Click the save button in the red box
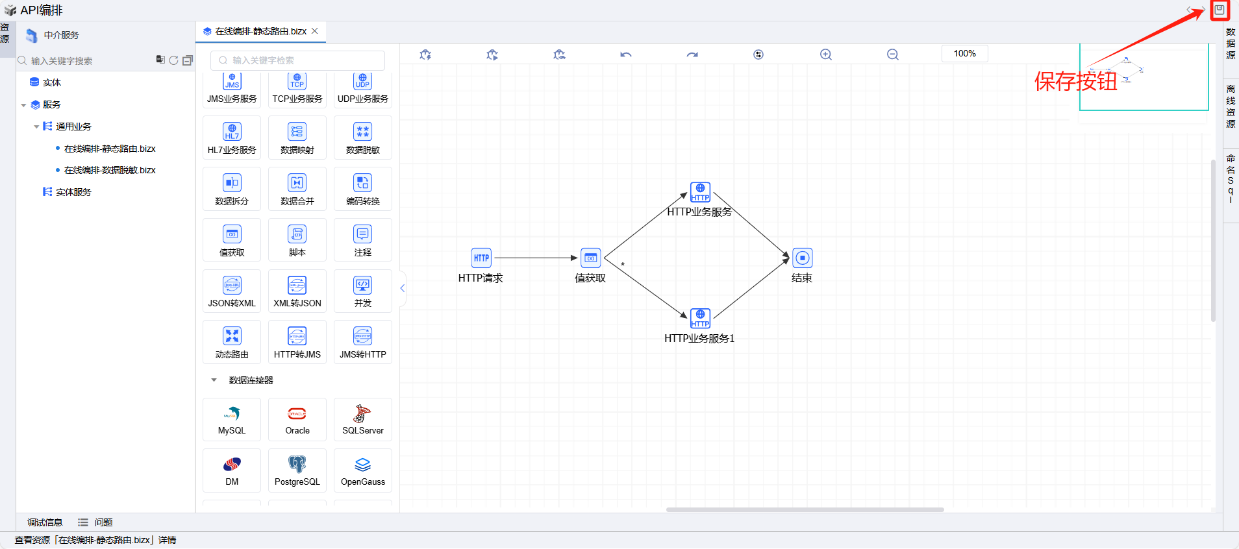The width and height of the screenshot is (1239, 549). pos(1220,10)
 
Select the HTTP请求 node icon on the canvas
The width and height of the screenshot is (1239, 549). pos(481,258)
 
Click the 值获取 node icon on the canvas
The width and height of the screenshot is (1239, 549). pos(590,258)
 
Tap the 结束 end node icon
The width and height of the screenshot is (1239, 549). pos(803,258)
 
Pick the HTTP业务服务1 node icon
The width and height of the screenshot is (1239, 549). pos(700,318)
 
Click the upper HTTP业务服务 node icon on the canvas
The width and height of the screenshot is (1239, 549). pos(700,192)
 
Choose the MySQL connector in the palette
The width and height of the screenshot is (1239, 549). pos(232,419)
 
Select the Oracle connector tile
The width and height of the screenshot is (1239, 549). pos(297,419)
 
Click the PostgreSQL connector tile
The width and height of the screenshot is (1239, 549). pos(297,470)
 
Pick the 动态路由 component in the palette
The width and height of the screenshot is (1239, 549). pos(232,342)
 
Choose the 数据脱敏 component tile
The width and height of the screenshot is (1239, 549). pos(363,138)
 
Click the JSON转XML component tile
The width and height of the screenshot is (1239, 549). pos(232,291)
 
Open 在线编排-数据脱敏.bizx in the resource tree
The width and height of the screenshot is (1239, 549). pos(110,170)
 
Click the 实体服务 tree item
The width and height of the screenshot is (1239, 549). pos(73,192)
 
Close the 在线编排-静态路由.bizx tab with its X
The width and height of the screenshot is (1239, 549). pos(315,31)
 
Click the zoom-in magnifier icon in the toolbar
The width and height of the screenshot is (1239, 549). pos(826,55)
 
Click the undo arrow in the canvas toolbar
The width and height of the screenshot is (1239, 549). pos(626,55)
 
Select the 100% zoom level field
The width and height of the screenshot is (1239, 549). pos(964,54)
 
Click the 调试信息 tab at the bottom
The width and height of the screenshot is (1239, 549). pos(45,522)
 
